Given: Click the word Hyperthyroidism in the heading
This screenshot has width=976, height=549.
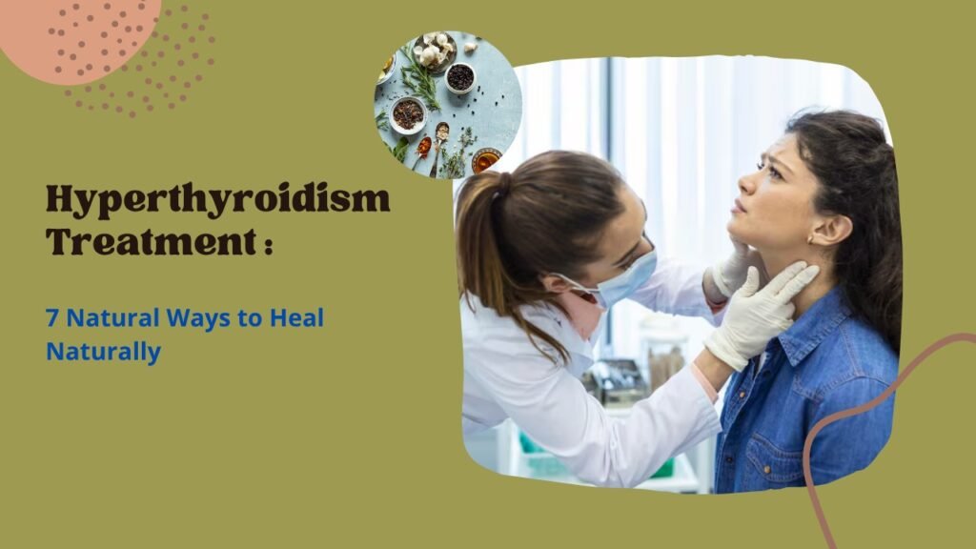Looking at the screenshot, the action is pyautogui.click(x=218, y=200).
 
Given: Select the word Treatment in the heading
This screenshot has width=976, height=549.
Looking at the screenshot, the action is pyautogui.click(x=151, y=241).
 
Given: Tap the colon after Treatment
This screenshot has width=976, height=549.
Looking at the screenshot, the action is pyautogui.click(x=268, y=245).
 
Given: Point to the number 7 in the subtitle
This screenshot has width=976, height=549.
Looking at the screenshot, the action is pyautogui.click(x=52, y=318).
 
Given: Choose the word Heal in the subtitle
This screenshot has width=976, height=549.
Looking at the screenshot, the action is pyautogui.click(x=296, y=317).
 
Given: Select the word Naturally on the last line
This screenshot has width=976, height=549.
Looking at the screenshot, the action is pyautogui.click(x=103, y=353).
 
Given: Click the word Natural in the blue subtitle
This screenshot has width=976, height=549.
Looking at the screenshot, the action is pyautogui.click(x=112, y=318).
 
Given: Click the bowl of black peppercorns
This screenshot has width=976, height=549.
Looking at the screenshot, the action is pyautogui.click(x=460, y=78).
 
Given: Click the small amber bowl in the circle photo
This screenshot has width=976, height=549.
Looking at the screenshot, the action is pyautogui.click(x=486, y=160).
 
